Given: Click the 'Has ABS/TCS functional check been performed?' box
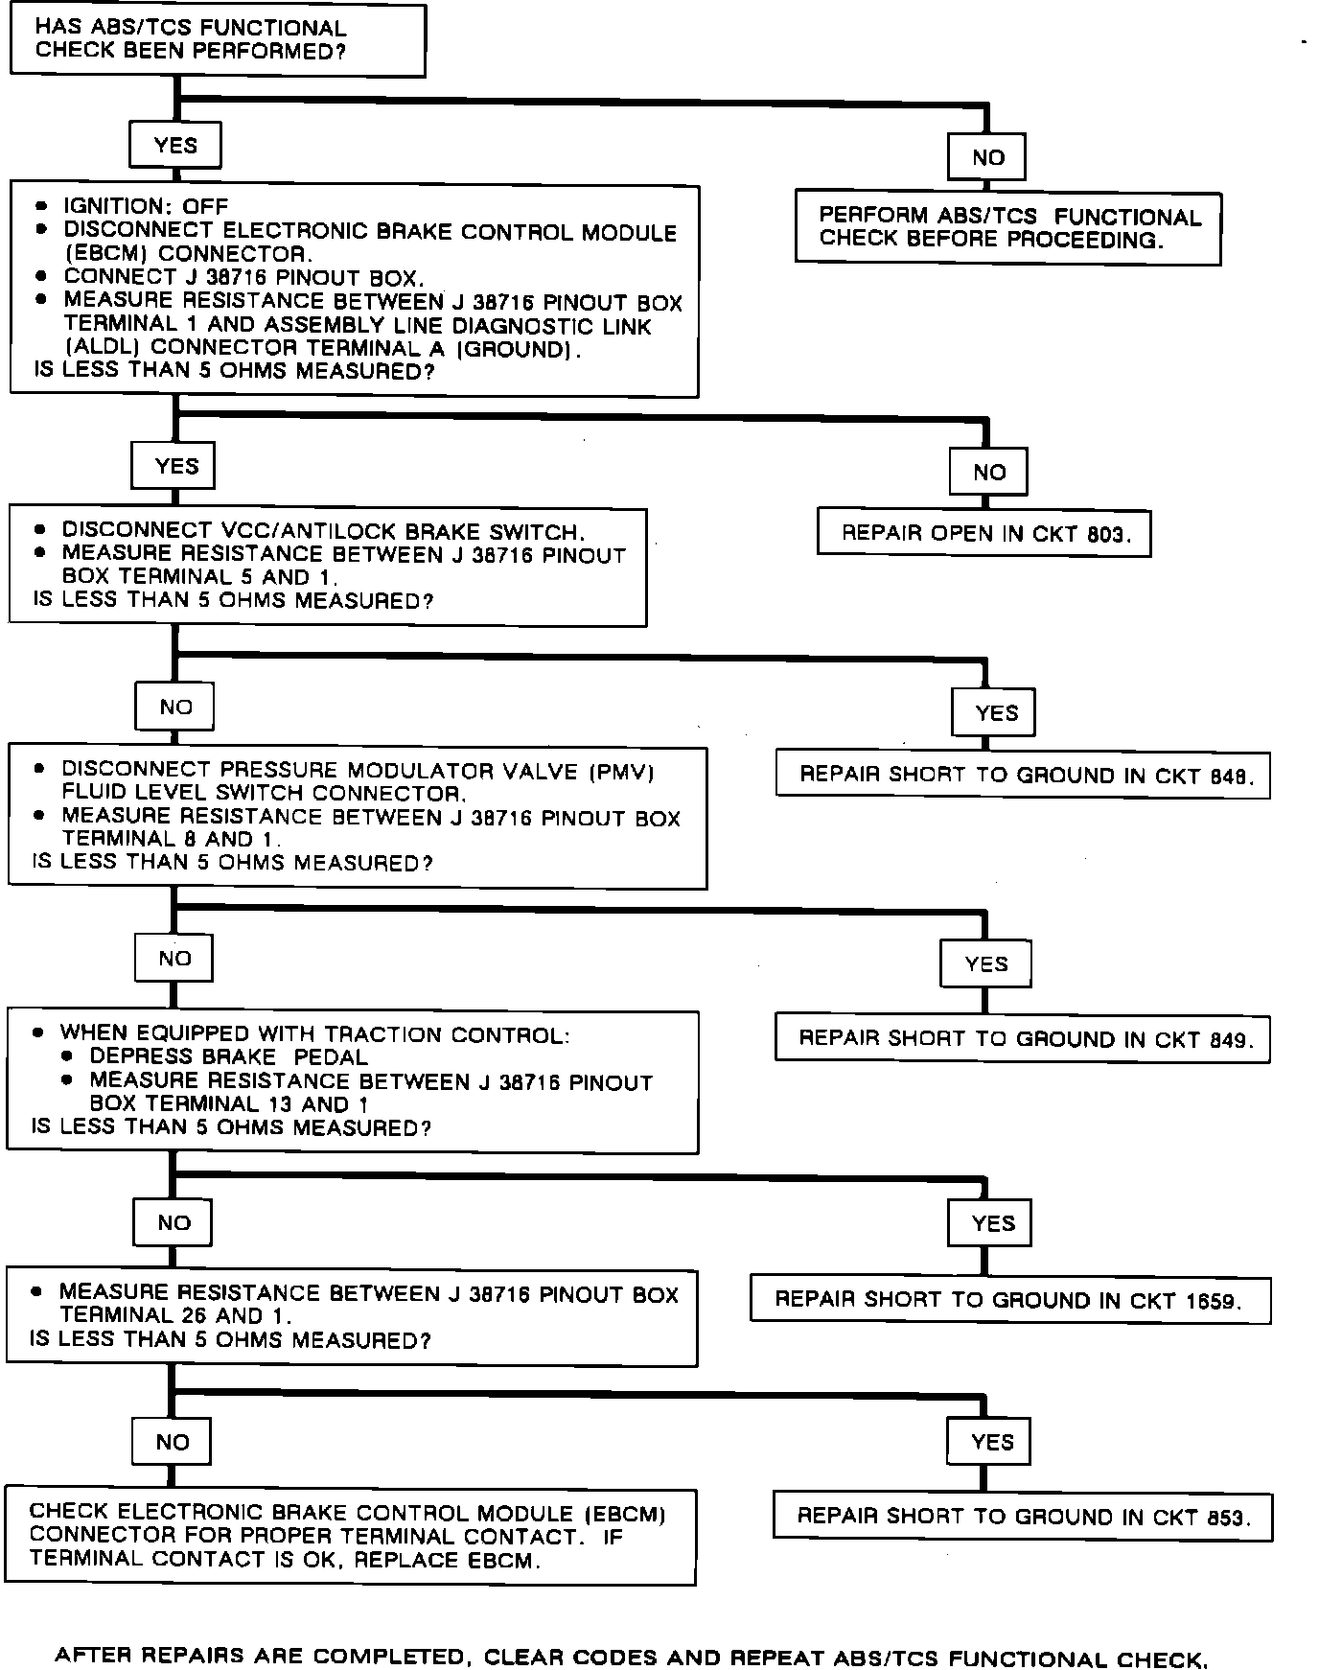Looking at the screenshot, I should (217, 40).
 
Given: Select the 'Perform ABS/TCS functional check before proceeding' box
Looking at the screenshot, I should (1007, 229).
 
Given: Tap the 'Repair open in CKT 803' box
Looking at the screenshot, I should (983, 533).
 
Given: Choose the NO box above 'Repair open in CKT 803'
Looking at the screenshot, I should (988, 472).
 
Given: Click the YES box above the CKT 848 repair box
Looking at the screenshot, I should (994, 712).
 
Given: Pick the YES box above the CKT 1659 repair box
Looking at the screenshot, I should (990, 1223).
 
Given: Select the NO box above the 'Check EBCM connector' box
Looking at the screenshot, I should (173, 1442).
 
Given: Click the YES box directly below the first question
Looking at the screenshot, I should (175, 146).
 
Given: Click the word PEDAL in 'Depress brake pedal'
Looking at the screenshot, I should (330, 1057).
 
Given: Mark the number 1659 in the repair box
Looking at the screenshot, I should (1212, 1301).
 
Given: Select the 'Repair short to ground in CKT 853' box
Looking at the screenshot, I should (1022, 1517).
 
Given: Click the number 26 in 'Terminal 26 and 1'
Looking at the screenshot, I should (193, 1316).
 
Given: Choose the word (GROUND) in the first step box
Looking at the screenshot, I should (518, 350).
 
